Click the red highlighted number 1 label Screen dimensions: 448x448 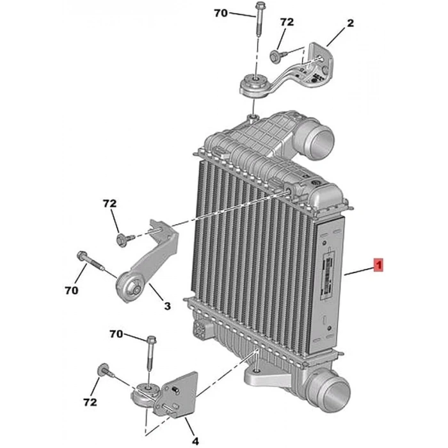[378, 264]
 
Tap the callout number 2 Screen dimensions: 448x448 [350, 24]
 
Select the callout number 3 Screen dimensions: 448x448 [167, 307]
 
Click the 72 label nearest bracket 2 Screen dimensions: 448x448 [287, 22]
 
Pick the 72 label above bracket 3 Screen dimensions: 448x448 [110, 204]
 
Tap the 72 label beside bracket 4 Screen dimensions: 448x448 [90, 402]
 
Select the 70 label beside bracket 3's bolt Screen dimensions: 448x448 [71, 290]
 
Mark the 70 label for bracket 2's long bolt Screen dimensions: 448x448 [221, 12]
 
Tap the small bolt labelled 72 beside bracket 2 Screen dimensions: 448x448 [276, 56]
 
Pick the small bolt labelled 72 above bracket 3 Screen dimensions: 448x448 [122, 240]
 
